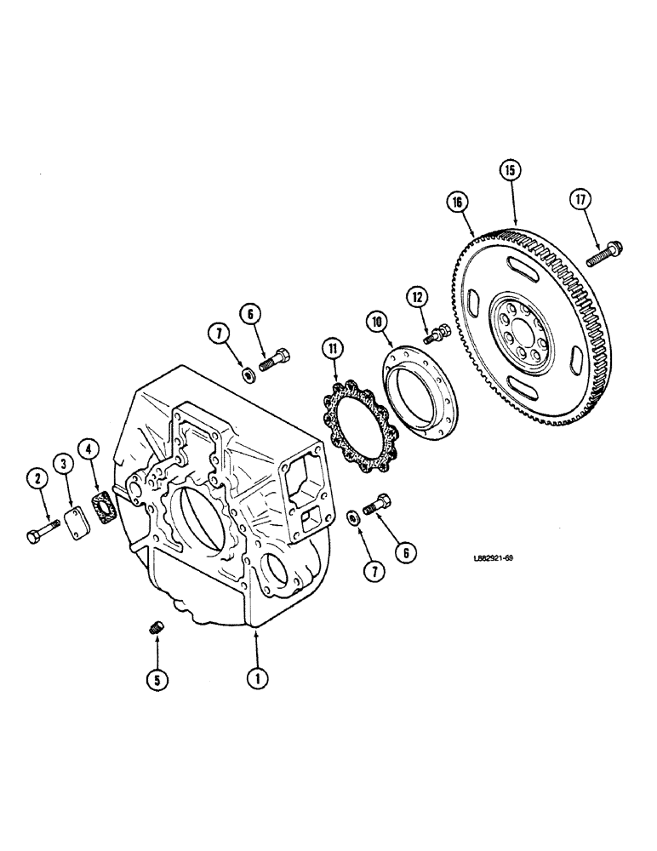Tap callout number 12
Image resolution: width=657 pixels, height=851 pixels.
point(418,298)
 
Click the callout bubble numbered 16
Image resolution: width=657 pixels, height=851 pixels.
point(459,203)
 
